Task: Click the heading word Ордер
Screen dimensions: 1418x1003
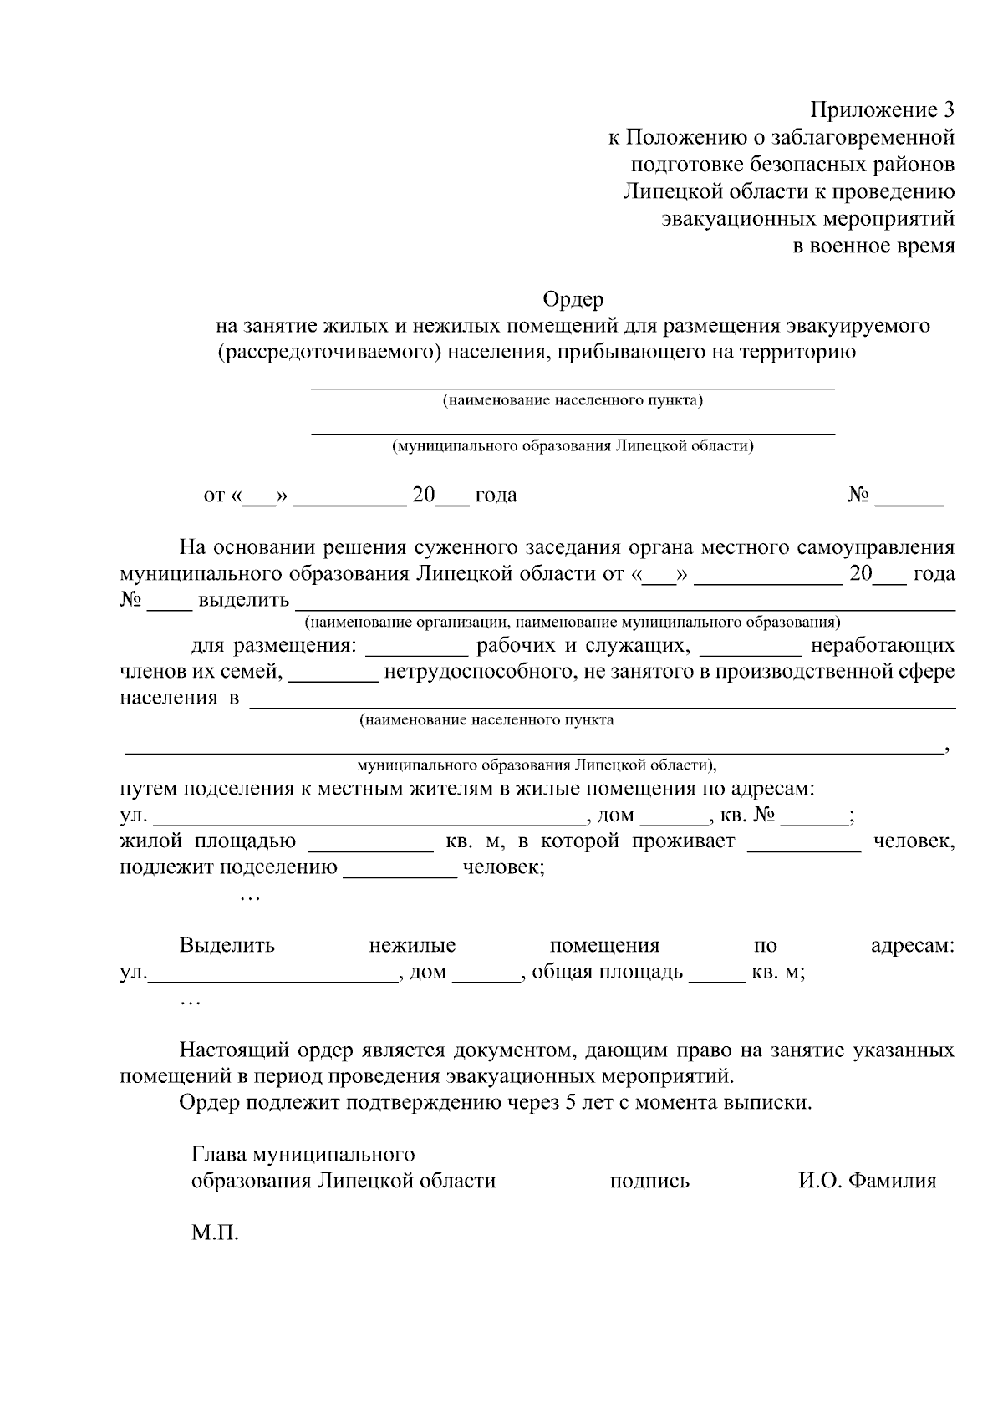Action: pyautogui.click(x=573, y=298)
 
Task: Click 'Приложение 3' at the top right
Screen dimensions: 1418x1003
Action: pyautogui.click(x=882, y=109)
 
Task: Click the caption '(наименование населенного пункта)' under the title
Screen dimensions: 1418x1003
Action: pyautogui.click(x=573, y=400)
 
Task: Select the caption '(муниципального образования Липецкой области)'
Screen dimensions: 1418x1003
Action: pyautogui.click(x=573, y=446)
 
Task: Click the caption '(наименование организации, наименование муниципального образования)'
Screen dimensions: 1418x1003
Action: pyautogui.click(x=573, y=623)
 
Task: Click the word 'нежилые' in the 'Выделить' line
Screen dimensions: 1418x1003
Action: pyautogui.click(x=412, y=946)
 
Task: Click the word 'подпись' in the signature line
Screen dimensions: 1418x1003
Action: pyautogui.click(x=649, y=1181)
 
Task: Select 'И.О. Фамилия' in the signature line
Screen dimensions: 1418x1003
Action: pyautogui.click(x=867, y=1181)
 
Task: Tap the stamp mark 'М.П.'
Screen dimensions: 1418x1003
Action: pyautogui.click(x=215, y=1232)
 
